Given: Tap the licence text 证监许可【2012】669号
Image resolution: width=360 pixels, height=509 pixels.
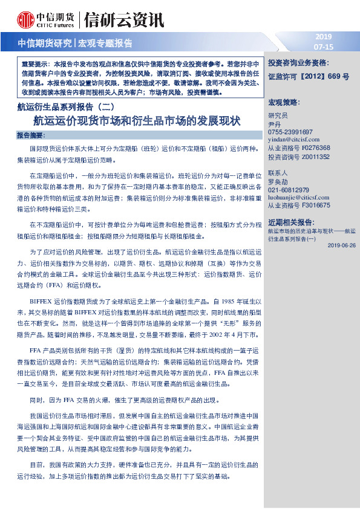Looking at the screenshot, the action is pyautogui.click(x=309, y=77).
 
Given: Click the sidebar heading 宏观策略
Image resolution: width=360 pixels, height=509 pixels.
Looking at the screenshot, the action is pyautogui.click(x=284, y=102).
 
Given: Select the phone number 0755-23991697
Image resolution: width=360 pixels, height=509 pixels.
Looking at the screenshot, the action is pyautogui.click(x=290, y=132).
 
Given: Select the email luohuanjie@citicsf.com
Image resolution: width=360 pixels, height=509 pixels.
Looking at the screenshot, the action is pyautogui.click(x=298, y=197).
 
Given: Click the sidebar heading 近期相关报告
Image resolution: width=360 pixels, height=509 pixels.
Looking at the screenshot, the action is pyautogui.click(x=291, y=222).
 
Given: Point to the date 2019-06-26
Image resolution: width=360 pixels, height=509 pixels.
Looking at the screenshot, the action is pyautogui.click(x=341, y=245).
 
